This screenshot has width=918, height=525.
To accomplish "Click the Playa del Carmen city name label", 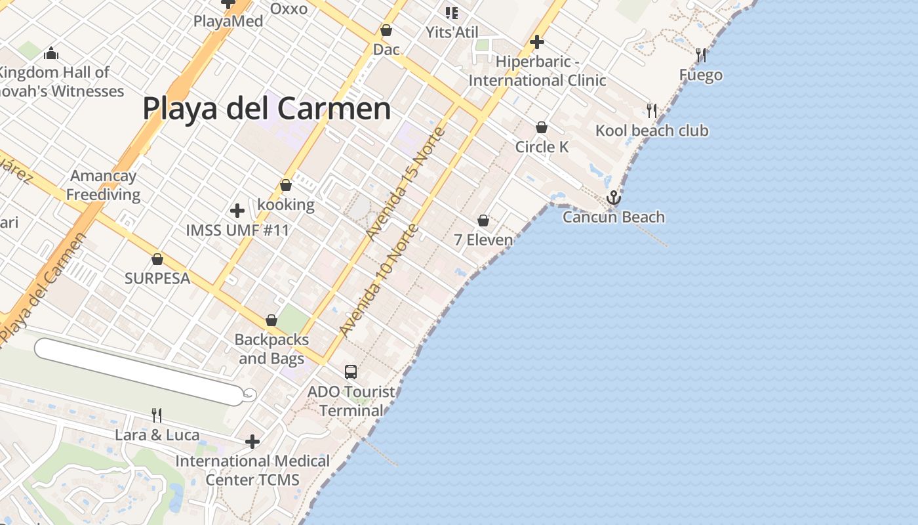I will [266, 108].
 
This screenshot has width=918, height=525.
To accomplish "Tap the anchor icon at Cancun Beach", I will [613, 198].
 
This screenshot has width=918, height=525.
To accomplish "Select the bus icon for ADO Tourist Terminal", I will [351, 372].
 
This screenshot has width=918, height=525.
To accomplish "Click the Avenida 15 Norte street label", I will [407, 184].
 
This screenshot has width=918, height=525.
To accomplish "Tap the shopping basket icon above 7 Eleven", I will [483, 220].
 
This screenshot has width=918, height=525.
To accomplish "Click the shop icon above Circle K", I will [542, 127].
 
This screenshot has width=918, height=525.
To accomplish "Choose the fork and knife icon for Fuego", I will [701, 55].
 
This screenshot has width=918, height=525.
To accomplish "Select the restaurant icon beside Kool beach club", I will [651, 110].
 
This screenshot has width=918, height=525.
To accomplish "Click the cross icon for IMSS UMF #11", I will [237, 211].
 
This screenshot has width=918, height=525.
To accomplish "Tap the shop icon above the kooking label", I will [286, 186].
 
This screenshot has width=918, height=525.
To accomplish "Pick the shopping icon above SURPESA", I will [157, 259].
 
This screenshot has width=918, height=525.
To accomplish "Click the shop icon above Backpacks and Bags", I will [271, 321].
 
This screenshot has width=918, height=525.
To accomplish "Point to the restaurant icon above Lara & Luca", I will [157, 415].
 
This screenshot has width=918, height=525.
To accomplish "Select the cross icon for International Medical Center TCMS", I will [252, 442].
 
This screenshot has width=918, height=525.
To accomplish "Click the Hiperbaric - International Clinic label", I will [537, 71].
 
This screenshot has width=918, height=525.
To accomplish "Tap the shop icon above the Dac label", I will [386, 31].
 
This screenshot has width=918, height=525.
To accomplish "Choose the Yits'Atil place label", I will [452, 32].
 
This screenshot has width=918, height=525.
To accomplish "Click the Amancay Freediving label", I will [103, 185].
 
